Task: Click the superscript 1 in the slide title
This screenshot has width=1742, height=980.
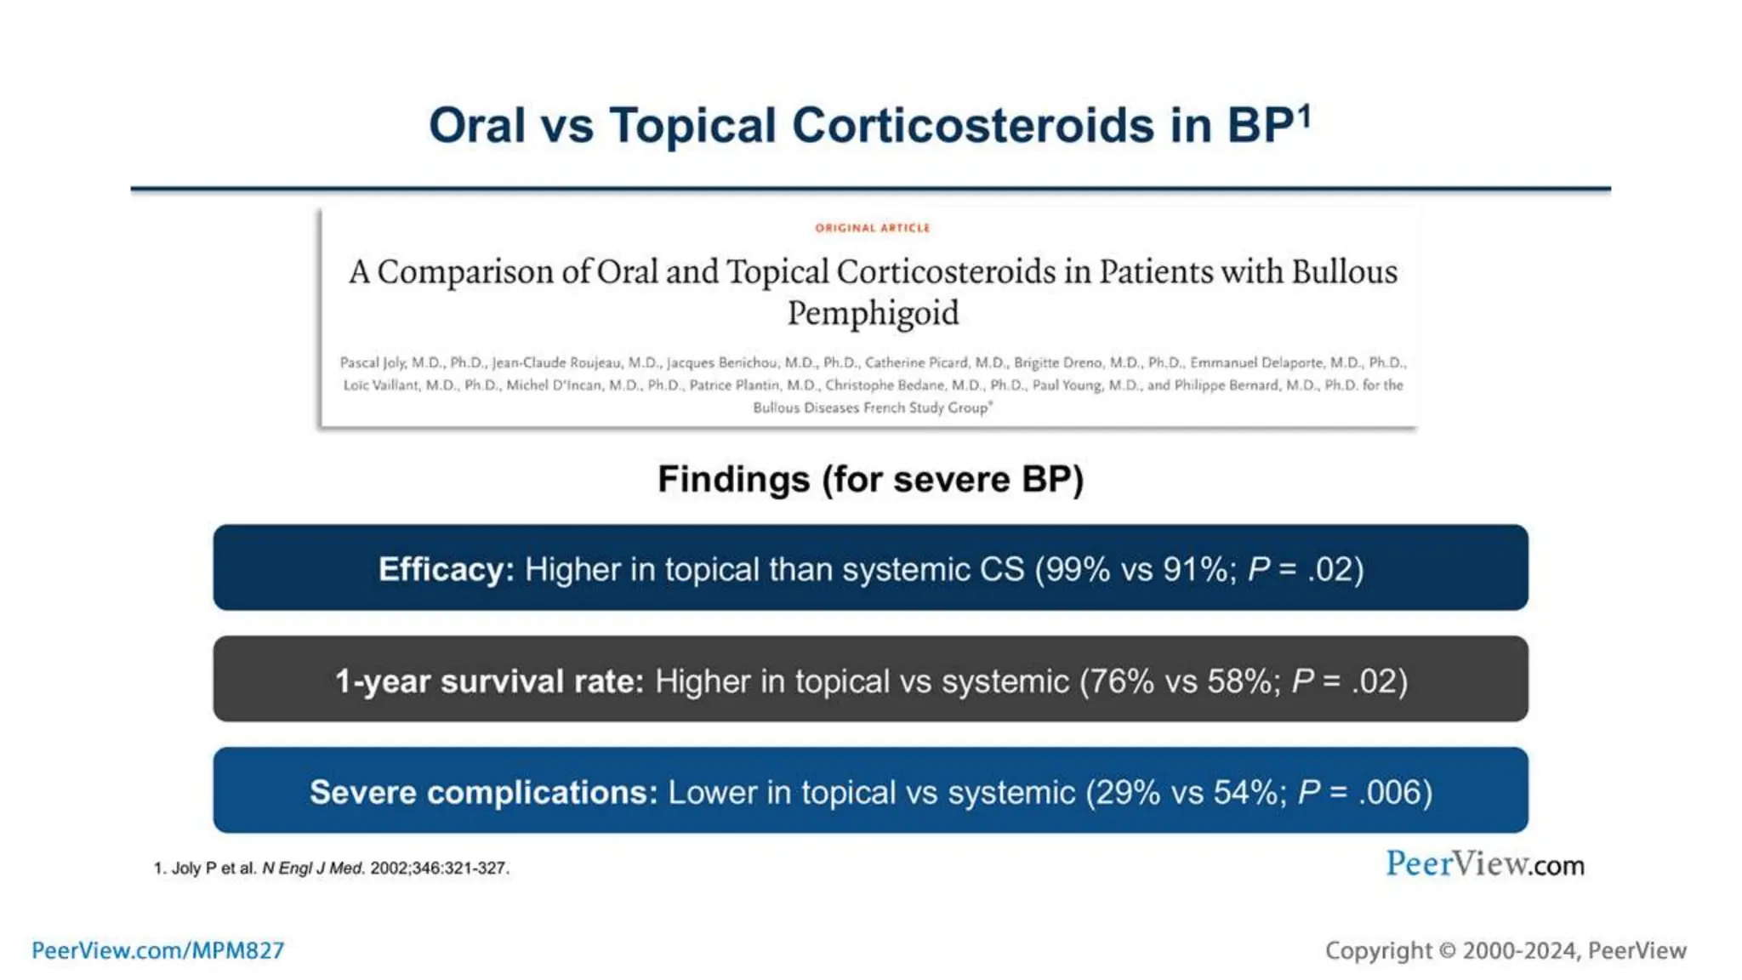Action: point(1304,115)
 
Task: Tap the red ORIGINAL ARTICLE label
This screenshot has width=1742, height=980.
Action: point(872,228)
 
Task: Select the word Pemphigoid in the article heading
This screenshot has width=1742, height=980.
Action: point(873,313)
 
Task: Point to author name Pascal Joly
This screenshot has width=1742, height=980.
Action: point(373,362)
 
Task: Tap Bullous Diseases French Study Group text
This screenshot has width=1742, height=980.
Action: point(871,408)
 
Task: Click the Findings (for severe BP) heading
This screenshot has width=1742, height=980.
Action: point(870,480)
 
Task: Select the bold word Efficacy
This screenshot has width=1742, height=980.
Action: point(446,569)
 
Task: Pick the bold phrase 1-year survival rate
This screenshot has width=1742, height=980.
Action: point(489,681)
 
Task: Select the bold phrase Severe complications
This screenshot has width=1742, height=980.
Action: point(483,792)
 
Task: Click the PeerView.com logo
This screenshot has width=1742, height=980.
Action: point(1484,864)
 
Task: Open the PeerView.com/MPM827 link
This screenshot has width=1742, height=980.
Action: point(158,950)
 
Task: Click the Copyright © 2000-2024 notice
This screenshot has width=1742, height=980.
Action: point(1505,950)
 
